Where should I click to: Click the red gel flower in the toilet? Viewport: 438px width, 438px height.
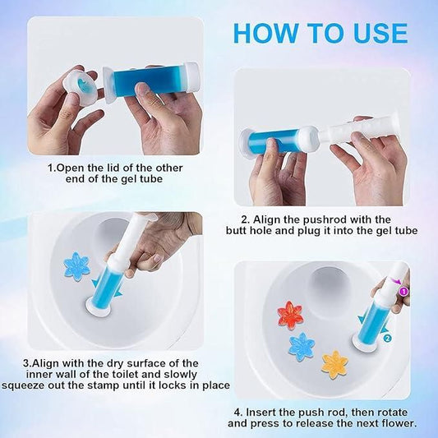[x=289, y=315]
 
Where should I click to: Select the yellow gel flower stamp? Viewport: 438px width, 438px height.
[x=334, y=363]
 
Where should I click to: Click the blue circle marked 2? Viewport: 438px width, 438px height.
[x=387, y=336]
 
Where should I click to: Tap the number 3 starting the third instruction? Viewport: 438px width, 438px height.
[x=26, y=362]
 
